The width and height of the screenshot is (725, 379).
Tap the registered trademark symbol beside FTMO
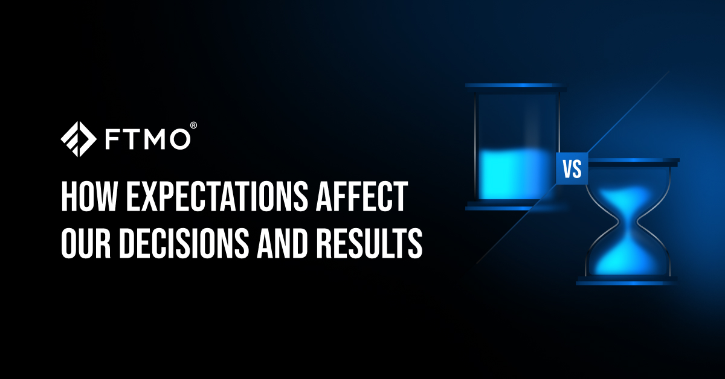(193, 125)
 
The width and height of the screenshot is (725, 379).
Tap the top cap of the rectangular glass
(515, 88)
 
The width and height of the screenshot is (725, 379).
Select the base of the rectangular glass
(515, 206)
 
